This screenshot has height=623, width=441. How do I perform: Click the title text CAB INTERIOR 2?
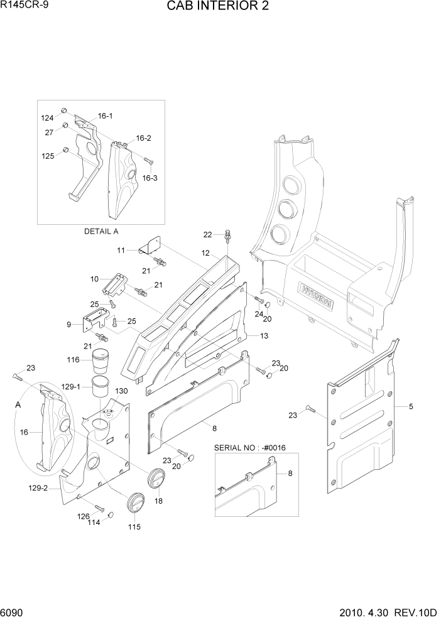click(220, 8)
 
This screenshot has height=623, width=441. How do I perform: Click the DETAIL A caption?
click(101, 231)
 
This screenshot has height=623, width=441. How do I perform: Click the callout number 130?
click(121, 391)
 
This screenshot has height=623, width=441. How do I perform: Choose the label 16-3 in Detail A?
click(150, 178)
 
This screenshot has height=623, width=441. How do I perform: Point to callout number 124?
click(48, 118)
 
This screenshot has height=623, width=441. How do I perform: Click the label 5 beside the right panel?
click(411, 406)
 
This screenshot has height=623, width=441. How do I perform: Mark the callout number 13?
click(264, 336)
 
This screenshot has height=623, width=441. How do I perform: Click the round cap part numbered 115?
click(134, 503)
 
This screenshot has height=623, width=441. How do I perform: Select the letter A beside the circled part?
click(18, 406)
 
